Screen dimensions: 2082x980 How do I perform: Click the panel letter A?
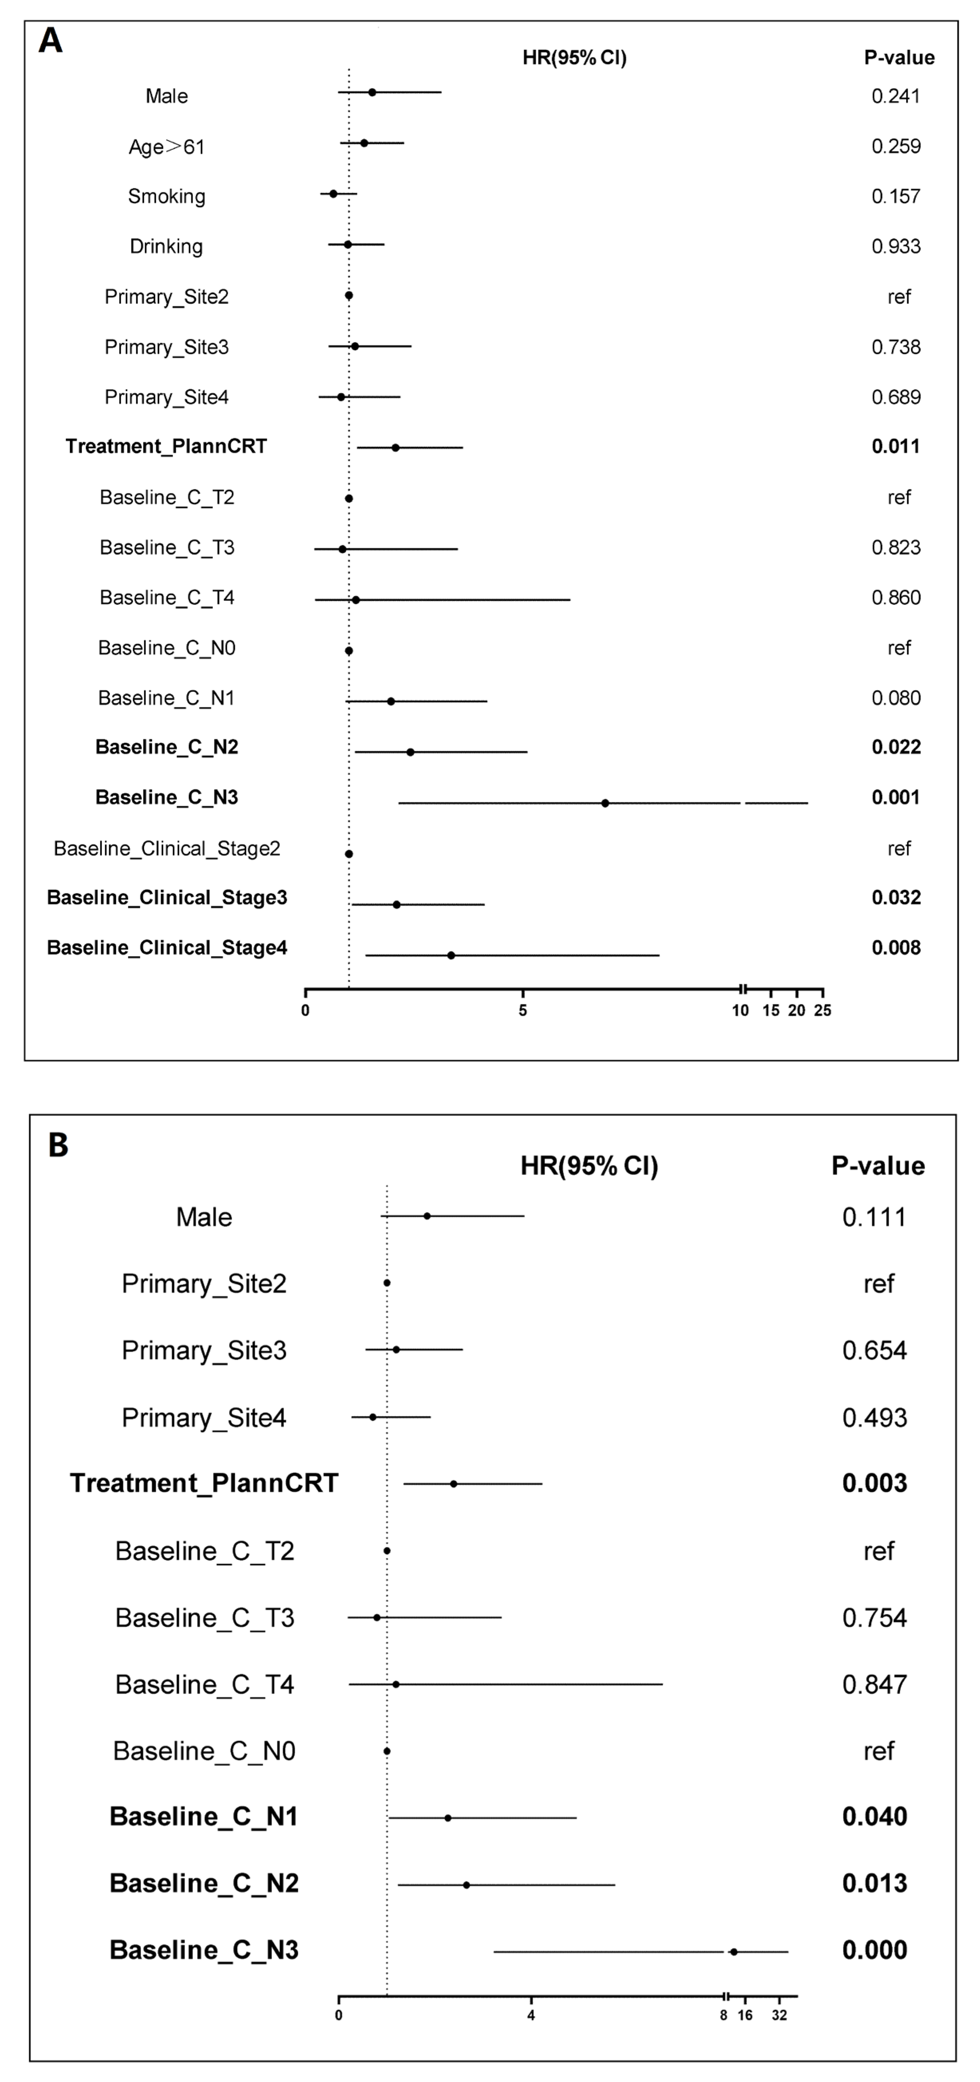[50, 40]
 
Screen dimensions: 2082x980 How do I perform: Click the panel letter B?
[58, 1145]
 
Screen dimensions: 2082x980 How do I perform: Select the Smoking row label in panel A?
[166, 196]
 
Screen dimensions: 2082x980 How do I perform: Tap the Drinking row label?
[166, 246]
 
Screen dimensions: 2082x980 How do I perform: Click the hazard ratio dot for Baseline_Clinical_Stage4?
[451, 955]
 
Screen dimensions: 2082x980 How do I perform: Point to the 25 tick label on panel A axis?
[822, 1010]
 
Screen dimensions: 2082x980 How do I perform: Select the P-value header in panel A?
[899, 57]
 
